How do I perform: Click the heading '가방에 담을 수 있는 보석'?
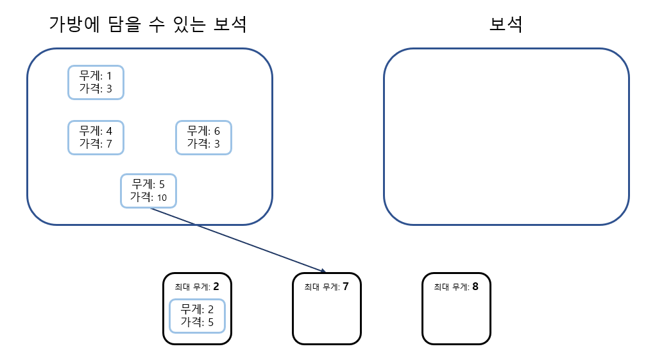pos(148,24)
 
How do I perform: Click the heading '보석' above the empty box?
pos(506,24)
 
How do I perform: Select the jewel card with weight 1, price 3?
pos(96,82)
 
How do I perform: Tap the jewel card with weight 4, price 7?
pos(96,137)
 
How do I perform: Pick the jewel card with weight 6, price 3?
pos(203,137)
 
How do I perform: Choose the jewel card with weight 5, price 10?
pos(148,191)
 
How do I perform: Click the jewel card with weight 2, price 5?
pos(197,316)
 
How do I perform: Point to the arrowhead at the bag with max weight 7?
pos(325,270)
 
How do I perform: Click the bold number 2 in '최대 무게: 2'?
pos(216,286)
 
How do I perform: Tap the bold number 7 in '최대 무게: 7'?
pos(346,286)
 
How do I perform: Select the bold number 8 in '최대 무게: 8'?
pos(475,286)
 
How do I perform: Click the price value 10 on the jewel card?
pos(162,198)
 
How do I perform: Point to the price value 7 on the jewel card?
pos(109,144)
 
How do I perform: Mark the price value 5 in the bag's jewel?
pos(210,322)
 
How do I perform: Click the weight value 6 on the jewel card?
pos(217,131)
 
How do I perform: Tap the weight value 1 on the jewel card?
pos(109,76)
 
